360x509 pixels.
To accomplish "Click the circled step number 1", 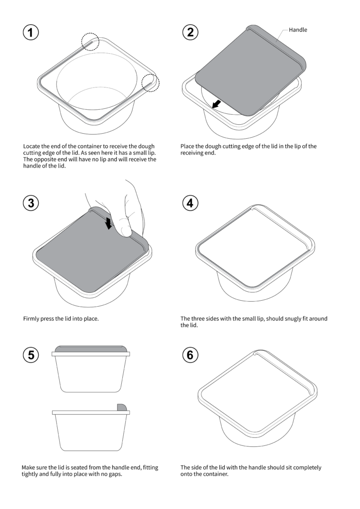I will (31, 33).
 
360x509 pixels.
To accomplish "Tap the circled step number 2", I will (190, 33).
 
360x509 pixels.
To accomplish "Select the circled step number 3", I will (31, 203).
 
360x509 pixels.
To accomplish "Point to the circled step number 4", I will (190, 203).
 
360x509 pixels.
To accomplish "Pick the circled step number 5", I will (31, 355).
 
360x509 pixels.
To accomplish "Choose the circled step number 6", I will (190, 355).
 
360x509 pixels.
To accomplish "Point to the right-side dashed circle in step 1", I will (151, 83).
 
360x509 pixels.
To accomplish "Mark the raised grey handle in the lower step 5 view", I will (122, 407).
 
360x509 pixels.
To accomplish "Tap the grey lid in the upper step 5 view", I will (90, 349).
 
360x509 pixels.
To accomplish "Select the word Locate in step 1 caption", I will (33, 146).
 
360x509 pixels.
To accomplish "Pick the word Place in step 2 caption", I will (188, 146).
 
